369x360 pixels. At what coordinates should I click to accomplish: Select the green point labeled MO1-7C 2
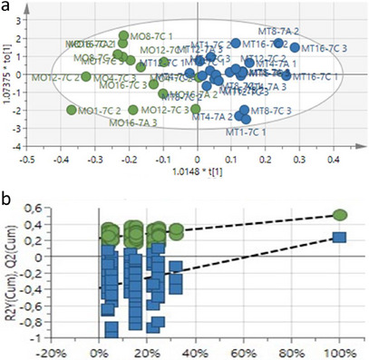(x=72, y=110)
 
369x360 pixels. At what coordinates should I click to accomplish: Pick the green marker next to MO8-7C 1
(x=124, y=36)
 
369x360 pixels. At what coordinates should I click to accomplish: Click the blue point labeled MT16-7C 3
(x=295, y=47)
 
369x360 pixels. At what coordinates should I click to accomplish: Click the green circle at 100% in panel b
(x=338, y=215)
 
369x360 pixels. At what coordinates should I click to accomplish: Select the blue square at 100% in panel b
(x=338, y=237)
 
